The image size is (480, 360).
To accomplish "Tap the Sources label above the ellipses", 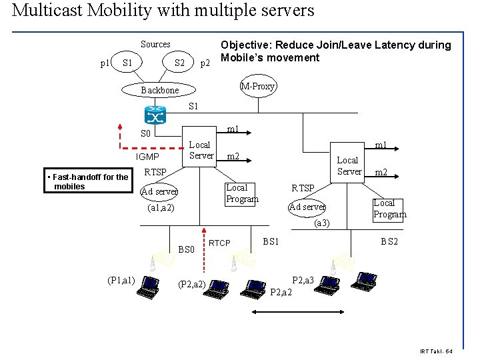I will (155, 44).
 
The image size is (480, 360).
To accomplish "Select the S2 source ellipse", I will (179, 63).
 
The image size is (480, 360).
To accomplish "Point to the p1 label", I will (105, 63).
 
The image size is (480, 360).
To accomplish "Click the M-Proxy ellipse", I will (258, 86).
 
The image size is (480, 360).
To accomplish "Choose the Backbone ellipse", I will (160, 90).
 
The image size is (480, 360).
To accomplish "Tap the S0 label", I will (147, 134).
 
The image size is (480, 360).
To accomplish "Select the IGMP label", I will (147, 157).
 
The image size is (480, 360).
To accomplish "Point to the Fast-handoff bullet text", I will (88, 181).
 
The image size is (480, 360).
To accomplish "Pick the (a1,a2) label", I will (160, 207).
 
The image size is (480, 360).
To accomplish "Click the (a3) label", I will (322, 222).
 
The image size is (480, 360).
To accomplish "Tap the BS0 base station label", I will (187, 249).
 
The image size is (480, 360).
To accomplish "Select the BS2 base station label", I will (389, 241).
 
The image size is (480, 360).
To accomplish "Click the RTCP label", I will (220, 243).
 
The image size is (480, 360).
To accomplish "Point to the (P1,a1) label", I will (121, 279).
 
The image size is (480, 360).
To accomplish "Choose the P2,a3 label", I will (303, 281).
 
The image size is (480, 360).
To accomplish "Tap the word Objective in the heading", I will (246, 45).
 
